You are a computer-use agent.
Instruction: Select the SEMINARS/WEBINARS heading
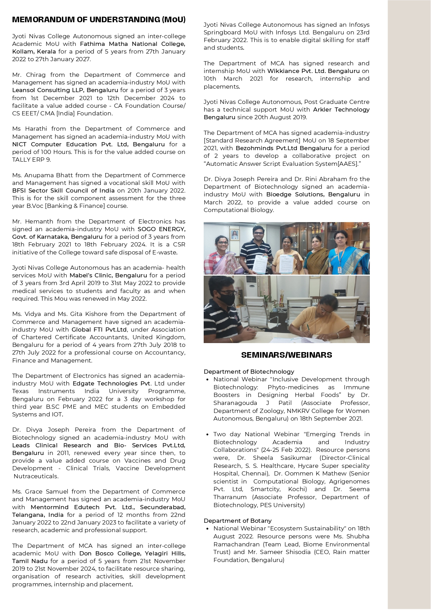(286, 355)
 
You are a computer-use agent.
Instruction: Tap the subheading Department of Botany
(237, 521)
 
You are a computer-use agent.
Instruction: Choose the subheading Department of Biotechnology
(249, 372)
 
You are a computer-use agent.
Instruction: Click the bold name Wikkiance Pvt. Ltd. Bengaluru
(313, 71)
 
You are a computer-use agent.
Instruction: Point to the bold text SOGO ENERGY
(161, 229)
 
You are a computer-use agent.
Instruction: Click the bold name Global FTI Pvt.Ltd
(99, 330)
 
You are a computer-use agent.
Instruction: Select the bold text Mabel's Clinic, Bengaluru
(108, 275)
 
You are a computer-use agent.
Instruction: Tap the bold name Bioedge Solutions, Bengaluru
(313, 194)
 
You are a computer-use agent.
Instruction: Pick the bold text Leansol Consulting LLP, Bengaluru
(65, 90)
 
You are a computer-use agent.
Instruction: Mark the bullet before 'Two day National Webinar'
(208, 434)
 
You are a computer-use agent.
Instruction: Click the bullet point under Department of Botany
(208, 529)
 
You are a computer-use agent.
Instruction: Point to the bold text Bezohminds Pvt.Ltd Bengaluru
(284, 148)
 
